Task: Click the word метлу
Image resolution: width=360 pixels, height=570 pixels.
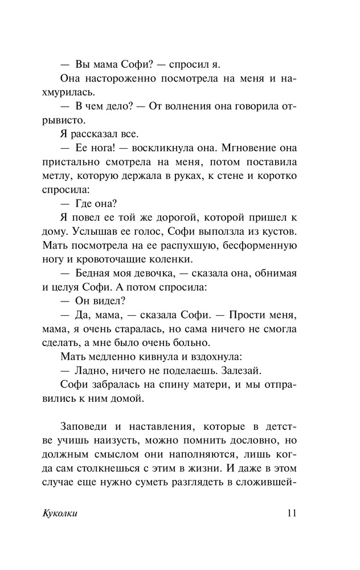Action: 58,176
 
